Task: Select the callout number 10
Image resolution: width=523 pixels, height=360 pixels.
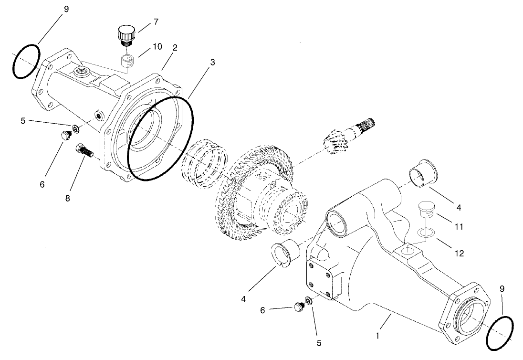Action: coord(157,46)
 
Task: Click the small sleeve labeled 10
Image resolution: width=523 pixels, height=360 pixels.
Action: coord(127,62)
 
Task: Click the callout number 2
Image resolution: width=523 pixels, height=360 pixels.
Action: coord(175,48)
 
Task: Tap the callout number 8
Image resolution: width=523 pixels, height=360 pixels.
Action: coord(67,198)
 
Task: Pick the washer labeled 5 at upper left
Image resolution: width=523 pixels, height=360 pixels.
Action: coord(75,129)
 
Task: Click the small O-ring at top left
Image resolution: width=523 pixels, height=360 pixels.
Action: coord(25,62)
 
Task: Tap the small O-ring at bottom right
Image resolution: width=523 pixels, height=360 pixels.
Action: coord(500,332)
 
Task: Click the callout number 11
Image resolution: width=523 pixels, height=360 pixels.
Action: coord(459,227)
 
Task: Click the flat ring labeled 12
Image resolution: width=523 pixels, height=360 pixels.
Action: coord(426,233)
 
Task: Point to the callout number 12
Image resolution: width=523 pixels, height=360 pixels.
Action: coord(459,253)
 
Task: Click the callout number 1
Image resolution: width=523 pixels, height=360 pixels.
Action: coord(377,336)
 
